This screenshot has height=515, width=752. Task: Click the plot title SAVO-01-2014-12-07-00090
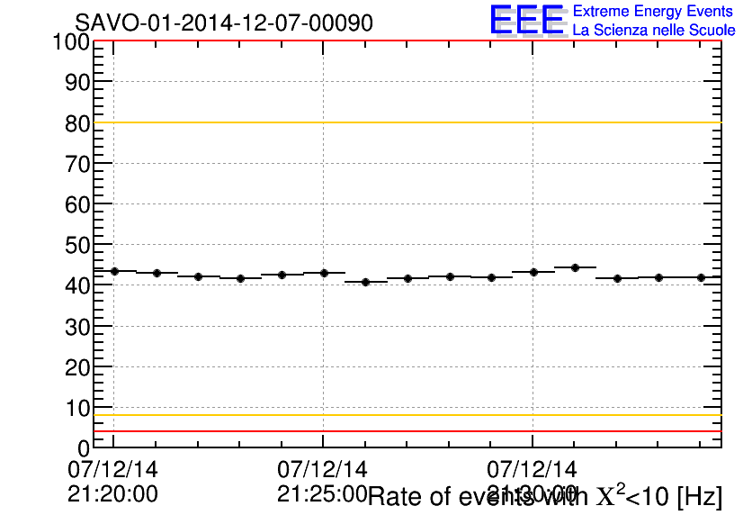[x=223, y=23]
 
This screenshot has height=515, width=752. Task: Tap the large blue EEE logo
[x=527, y=20]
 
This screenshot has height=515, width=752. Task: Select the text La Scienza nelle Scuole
[x=654, y=30]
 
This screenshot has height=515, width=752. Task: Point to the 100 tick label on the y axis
[x=70, y=41]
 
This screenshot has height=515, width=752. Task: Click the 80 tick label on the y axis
[x=77, y=123]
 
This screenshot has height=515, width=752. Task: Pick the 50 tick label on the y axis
[x=77, y=245]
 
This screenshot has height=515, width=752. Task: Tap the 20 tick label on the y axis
[x=77, y=367]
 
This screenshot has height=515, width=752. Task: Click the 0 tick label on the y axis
[x=84, y=447]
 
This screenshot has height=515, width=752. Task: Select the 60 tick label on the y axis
[x=77, y=204]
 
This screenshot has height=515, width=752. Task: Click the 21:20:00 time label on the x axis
[x=112, y=493]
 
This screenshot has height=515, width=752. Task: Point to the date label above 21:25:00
[x=322, y=469]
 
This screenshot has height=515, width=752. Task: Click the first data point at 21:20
[x=114, y=271]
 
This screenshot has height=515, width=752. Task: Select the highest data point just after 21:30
[x=575, y=267]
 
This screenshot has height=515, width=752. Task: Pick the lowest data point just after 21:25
[x=365, y=282]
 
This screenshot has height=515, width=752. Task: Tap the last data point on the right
[x=701, y=277]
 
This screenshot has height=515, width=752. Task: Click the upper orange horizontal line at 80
[x=405, y=122]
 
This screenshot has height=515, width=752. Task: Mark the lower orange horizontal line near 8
[x=405, y=415]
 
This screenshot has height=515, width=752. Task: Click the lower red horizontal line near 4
[x=405, y=431]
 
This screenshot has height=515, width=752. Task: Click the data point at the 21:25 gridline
[x=323, y=273]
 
